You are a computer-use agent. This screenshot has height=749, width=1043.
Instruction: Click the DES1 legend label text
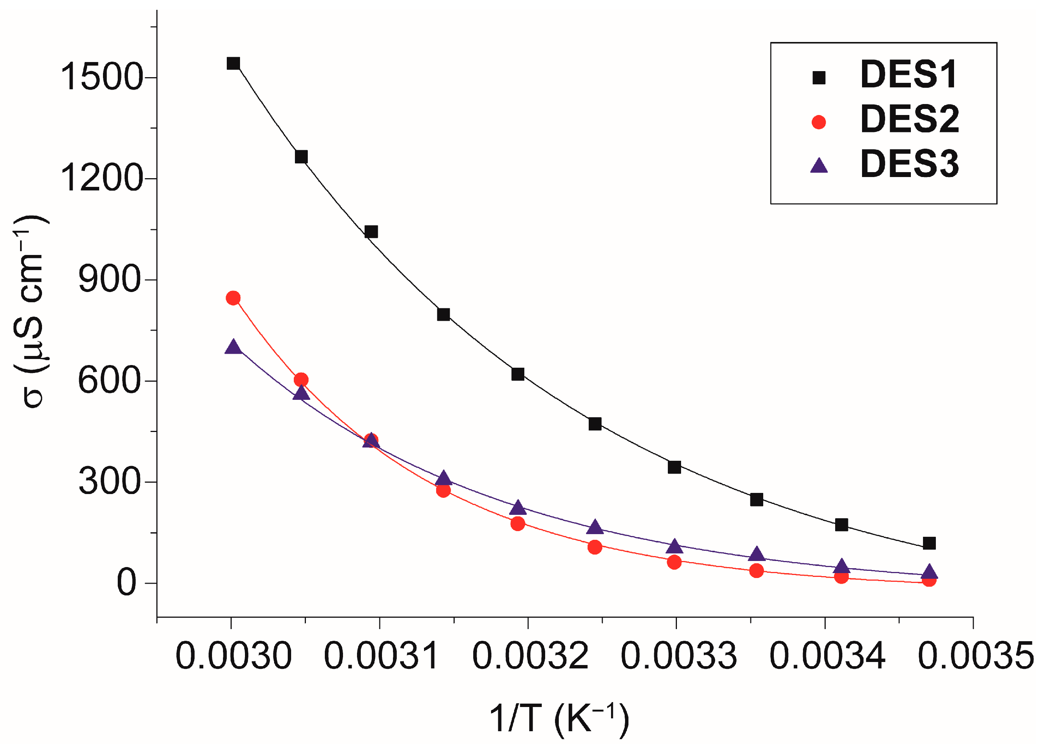click(908, 75)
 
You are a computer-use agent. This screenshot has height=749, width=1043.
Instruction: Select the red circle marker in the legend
click(818, 122)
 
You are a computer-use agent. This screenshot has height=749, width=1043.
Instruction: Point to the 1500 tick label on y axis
click(101, 76)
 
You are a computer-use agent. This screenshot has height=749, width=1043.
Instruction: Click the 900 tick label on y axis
click(109, 280)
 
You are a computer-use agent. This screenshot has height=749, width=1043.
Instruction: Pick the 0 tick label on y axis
click(126, 583)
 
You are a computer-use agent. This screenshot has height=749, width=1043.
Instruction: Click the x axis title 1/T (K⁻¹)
click(559, 718)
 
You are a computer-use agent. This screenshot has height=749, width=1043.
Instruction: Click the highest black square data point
click(233, 64)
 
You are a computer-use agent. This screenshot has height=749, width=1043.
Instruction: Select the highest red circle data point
click(233, 298)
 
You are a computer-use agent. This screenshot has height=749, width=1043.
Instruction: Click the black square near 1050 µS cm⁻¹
click(371, 232)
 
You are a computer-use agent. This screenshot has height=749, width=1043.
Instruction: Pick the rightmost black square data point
click(929, 543)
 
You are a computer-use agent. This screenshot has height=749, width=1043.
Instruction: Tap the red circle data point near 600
click(301, 379)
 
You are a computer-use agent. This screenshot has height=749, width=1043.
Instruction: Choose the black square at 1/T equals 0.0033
click(674, 467)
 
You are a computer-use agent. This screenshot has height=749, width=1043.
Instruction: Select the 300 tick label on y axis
click(109, 482)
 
